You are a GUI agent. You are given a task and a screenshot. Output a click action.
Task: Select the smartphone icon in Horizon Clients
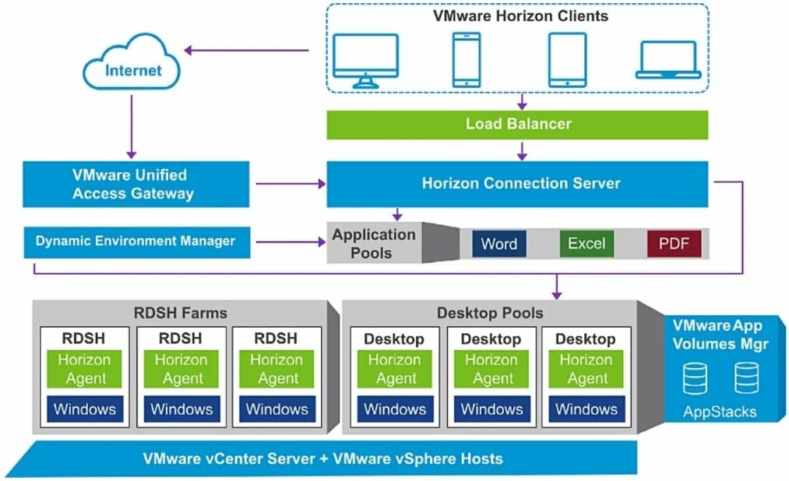click(x=467, y=59)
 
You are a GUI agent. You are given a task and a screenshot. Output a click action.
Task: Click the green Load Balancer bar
click(x=517, y=125)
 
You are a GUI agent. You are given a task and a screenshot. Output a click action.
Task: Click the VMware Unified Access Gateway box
click(x=136, y=184)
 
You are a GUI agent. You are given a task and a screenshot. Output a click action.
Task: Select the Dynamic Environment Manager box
click(x=136, y=241)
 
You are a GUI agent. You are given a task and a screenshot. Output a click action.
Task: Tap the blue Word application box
click(x=499, y=244)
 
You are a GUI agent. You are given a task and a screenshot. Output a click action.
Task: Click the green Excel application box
click(x=586, y=244)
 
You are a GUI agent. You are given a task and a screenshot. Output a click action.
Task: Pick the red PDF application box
click(x=674, y=244)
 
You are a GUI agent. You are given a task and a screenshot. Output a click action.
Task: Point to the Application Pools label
click(x=374, y=244)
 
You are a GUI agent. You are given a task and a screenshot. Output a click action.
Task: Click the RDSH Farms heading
click(x=180, y=313)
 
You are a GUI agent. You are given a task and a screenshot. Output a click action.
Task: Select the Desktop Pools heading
click(x=490, y=313)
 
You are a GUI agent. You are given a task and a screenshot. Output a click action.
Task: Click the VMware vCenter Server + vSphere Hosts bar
click(x=322, y=458)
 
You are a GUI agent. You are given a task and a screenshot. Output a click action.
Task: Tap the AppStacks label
click(x=719, y=412)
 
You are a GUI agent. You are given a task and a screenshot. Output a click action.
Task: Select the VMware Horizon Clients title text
click(x=521, y=16)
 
